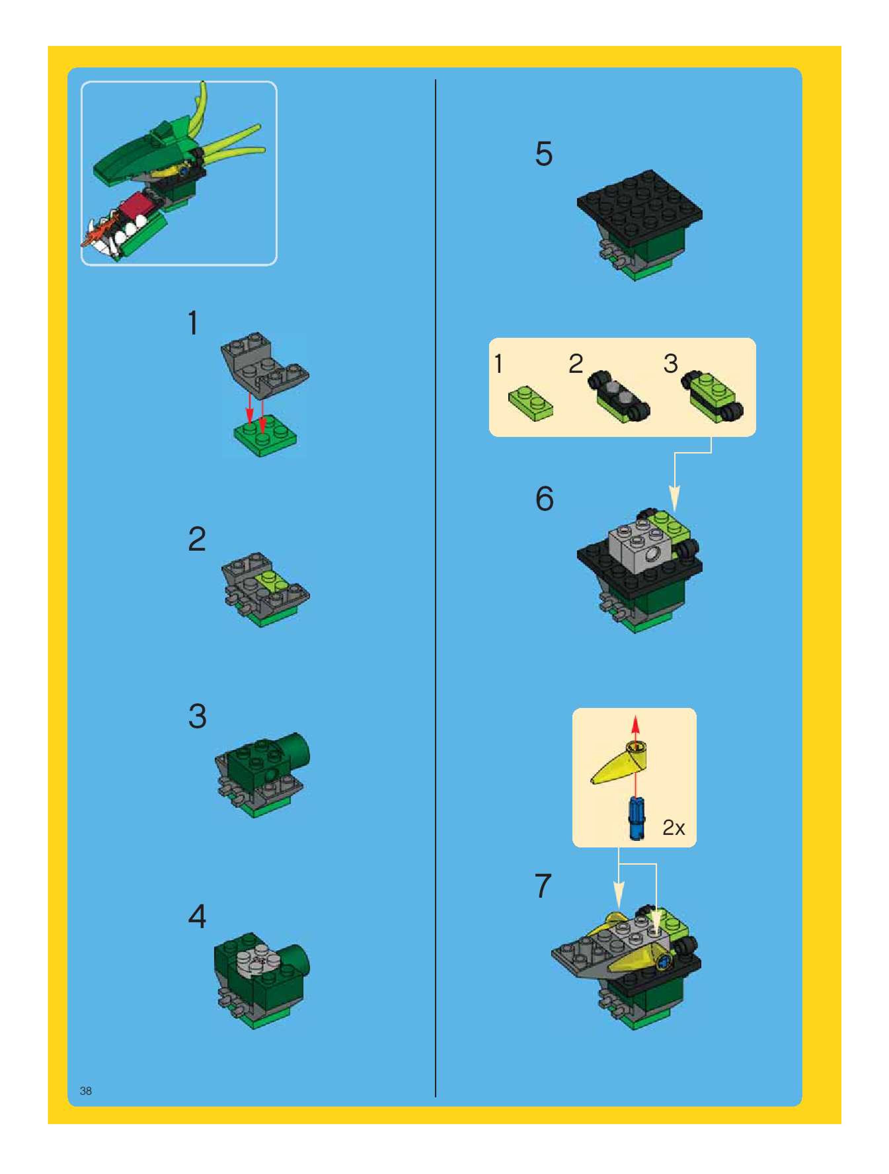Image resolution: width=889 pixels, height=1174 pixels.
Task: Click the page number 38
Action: (x=86, y=1090)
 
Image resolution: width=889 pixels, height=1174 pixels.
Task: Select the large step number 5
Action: (x=544, y=154)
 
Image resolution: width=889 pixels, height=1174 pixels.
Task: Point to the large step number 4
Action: (x=197, y=917)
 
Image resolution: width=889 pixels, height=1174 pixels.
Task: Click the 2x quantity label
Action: (x=674, y=827)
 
